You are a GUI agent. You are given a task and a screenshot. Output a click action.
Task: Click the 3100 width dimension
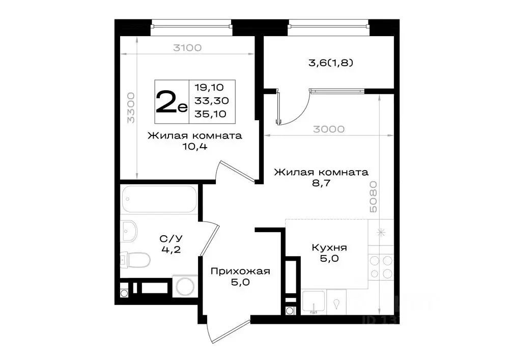point(187,48)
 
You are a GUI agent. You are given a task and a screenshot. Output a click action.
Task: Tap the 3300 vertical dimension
point(131,108)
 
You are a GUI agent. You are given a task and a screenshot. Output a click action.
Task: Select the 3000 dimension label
point(329,129)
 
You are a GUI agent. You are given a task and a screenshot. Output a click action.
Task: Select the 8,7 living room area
point(321,184)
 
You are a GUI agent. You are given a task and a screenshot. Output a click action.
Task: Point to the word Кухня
point(329,247)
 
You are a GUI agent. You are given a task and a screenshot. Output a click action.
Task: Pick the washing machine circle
point(184,287)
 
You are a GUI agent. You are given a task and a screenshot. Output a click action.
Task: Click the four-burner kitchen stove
point(381,267)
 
